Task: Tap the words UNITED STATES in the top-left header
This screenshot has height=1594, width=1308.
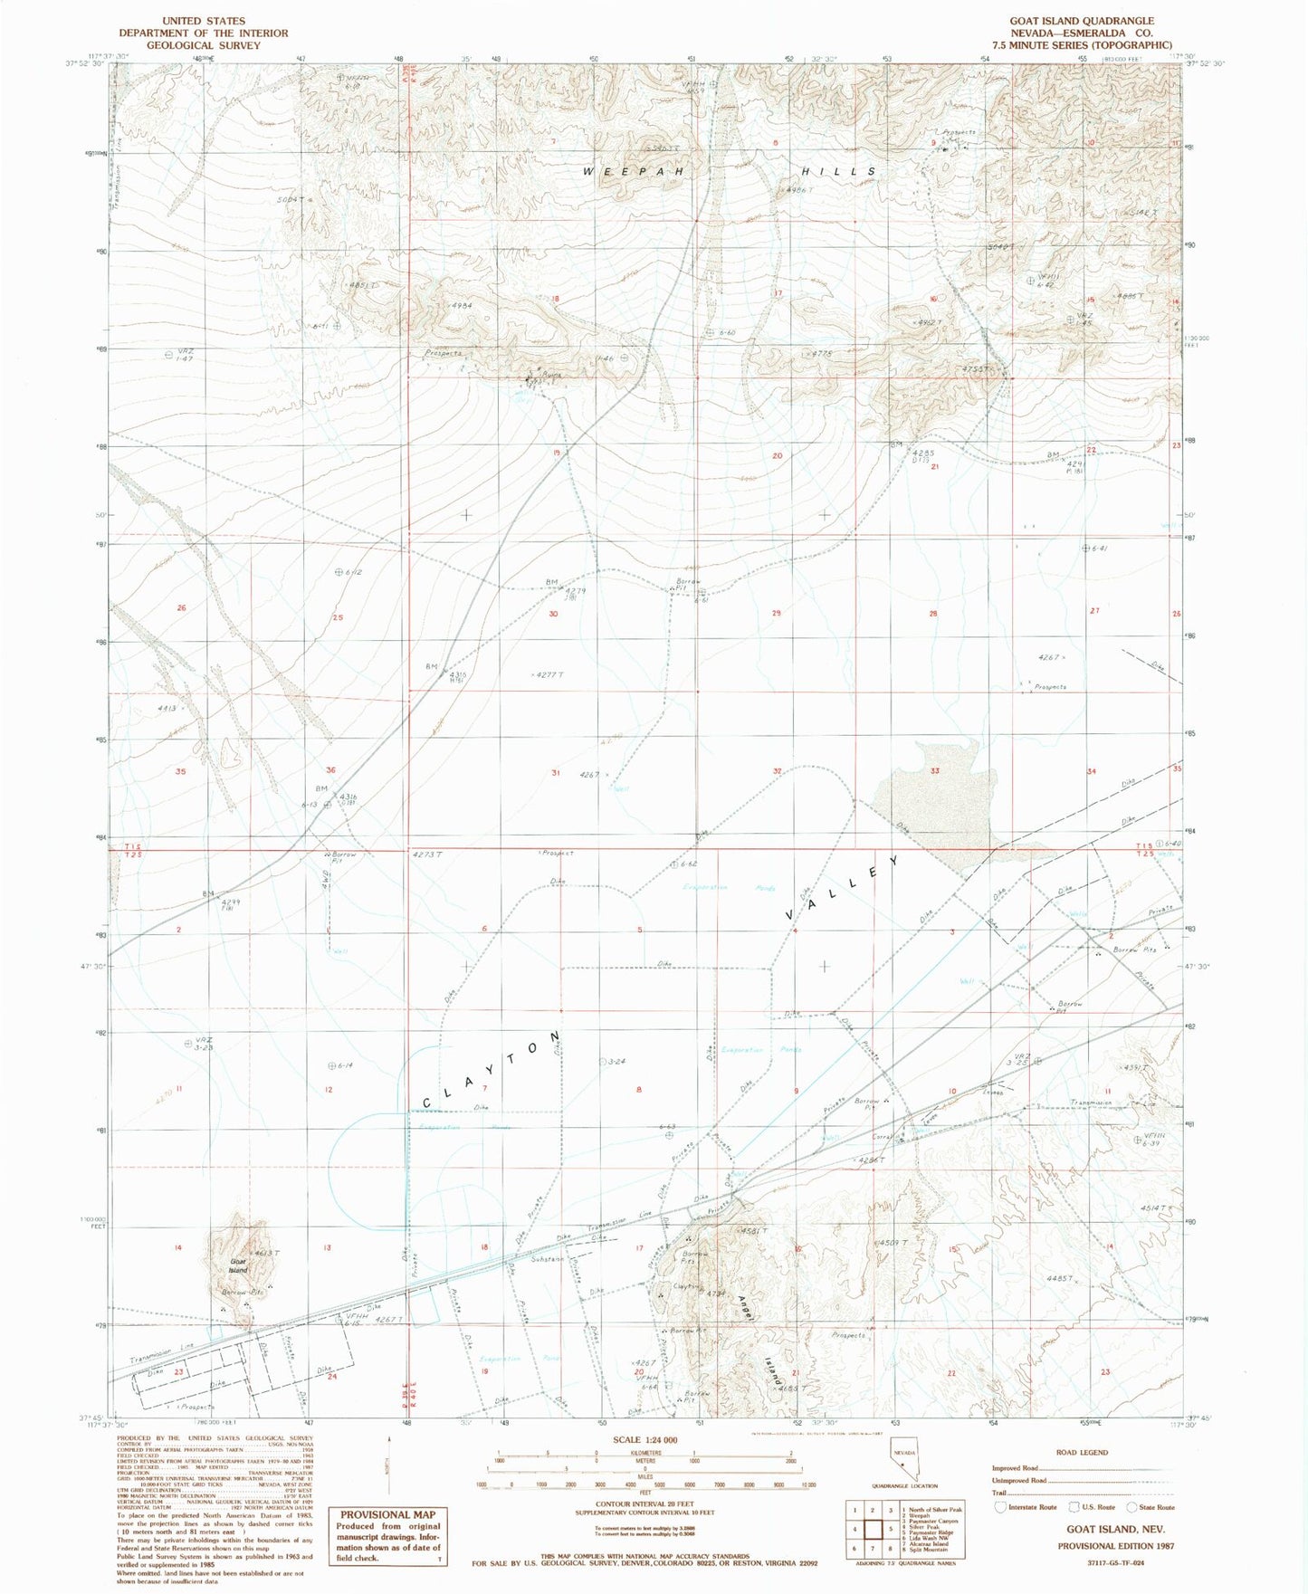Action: tap(203, 21)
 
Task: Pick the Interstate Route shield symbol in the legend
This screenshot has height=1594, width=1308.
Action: tap(1000, 1507)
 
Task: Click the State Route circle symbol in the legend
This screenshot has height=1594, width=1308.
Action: tap(1131, 1507)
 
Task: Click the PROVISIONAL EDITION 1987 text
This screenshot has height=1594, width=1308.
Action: tap(1115, 1546)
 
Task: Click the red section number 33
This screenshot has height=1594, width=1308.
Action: tap(934, 771)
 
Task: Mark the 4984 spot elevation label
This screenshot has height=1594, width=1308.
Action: tap(461, 306)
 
